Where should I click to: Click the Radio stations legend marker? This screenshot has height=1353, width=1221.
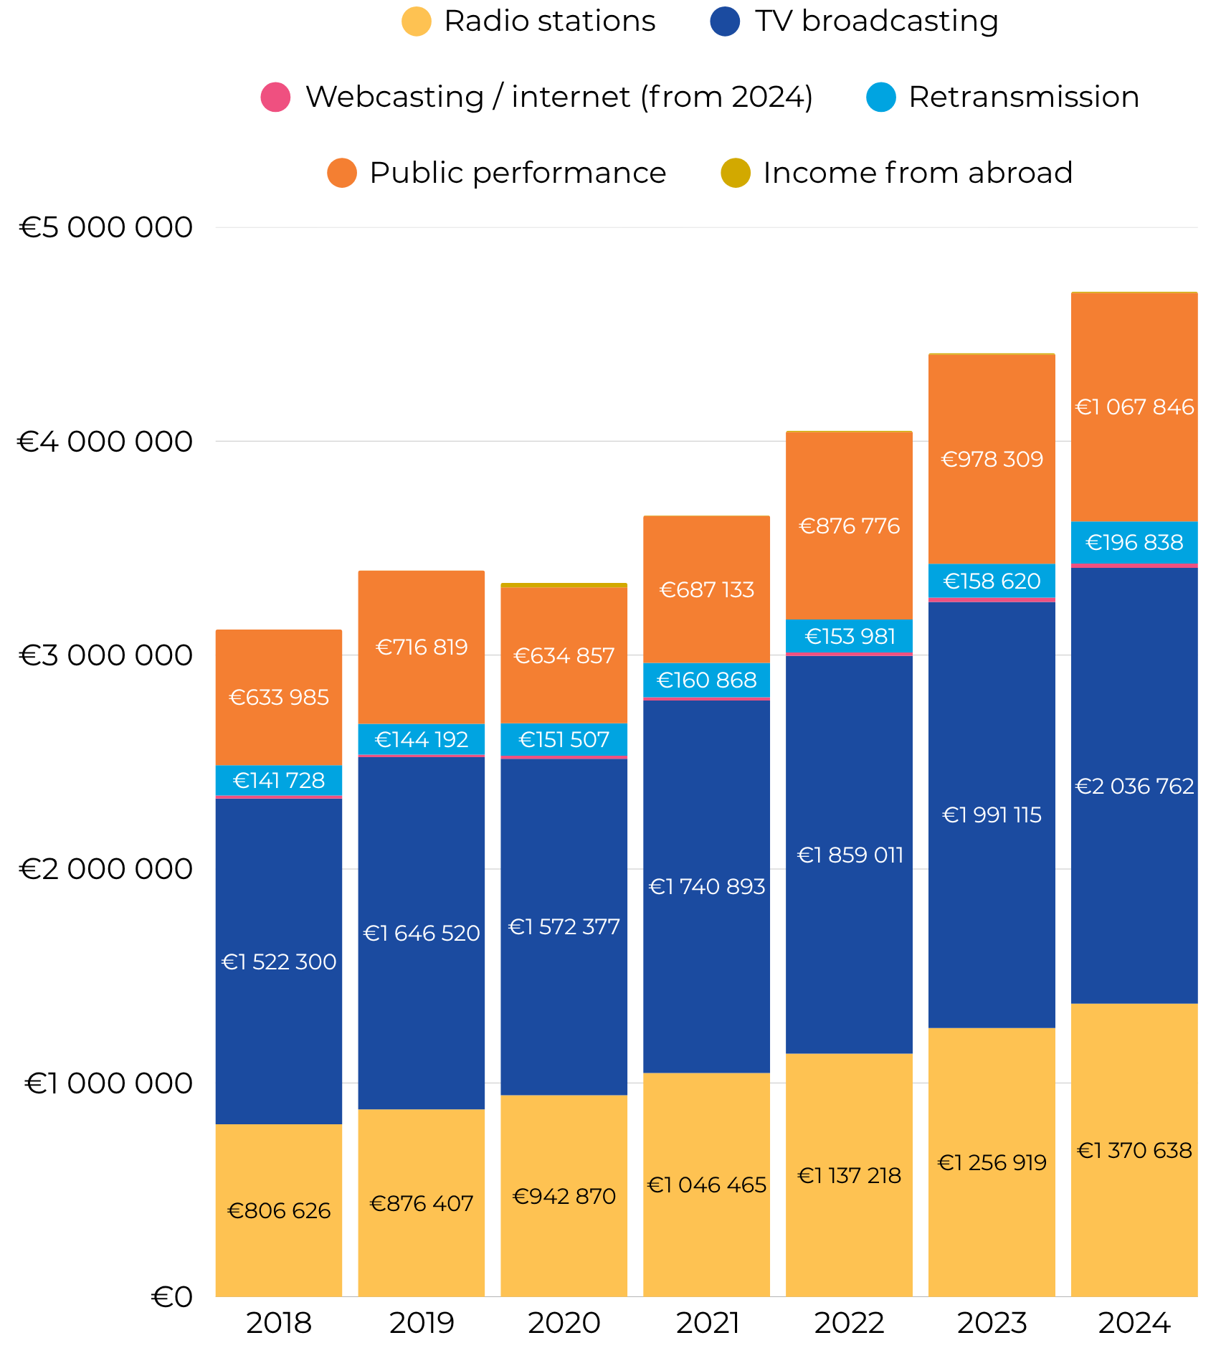[x=416, y=22]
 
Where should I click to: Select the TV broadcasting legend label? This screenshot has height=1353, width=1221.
[x=876, y=22]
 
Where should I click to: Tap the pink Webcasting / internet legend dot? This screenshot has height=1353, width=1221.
[x=275, y=98]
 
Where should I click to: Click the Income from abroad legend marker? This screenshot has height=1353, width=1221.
[x=735, y=174]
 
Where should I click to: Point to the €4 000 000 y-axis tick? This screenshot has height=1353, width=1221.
[x=105, y=442]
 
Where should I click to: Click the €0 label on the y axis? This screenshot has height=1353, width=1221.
[x=172, y=1297]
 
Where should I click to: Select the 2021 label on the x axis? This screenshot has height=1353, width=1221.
[x=707, y=1323]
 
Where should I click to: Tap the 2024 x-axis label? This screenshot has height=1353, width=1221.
[x=1134, y=1323]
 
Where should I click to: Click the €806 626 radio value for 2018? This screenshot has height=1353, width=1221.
[x=279, y=1211]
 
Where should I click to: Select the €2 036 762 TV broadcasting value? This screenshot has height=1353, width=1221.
[x=1134, y=787]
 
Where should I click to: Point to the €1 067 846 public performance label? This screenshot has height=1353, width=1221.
[x=1134, y=407]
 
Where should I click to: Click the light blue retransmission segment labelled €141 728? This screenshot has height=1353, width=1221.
[x=279, y=780]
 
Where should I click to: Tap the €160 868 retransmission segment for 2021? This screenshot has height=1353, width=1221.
[x=707, y=680]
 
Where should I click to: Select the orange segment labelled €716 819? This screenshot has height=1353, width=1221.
[x=422, y=647]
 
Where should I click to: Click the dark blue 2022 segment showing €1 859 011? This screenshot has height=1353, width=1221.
[x=850, y=855]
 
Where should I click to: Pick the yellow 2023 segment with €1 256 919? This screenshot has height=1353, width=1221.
[x=992, y=1162]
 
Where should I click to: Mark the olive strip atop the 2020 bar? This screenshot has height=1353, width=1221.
[x=564, y=585]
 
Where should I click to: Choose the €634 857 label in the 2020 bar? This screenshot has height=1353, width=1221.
[x=564, y=656]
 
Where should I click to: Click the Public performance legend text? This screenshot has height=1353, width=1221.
[x=518, y=174]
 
